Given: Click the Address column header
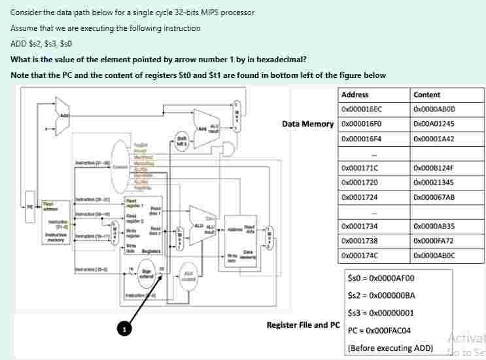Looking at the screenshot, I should (x=355, y=94).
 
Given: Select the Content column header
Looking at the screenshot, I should (x=427, y=94).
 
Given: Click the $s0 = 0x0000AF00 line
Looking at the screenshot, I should (x=381, y=278).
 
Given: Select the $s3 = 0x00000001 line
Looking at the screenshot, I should (x=381, y=312).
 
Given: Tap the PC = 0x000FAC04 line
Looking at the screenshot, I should (x=379, y=330).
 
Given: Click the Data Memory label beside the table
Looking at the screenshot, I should (x=307, y=124).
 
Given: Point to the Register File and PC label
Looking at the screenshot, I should (x=302, y=325).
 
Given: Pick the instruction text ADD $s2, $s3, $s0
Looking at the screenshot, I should (x=41, y=44).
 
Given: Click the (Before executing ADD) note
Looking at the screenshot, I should (x=391, y=347).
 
